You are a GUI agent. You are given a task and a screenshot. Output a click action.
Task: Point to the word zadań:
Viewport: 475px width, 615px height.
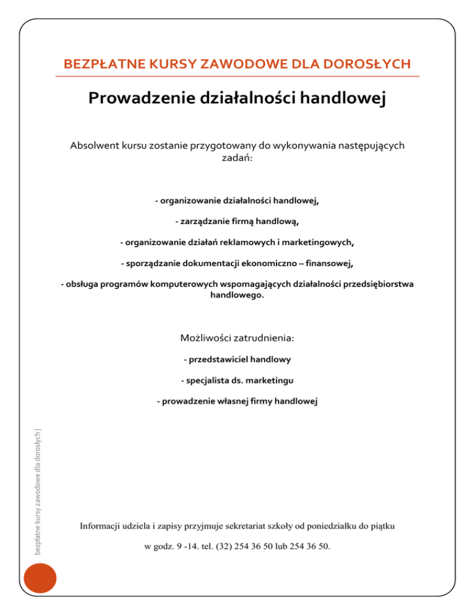[237, 158]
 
